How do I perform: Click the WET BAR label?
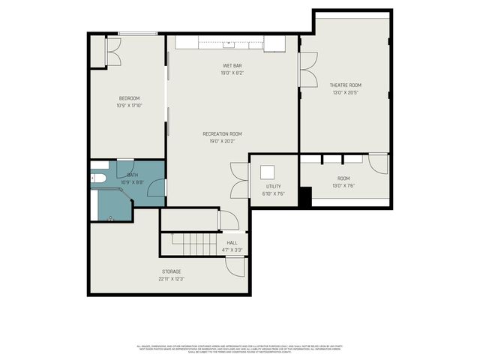click(231, 66)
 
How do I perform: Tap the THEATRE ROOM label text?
click(345, 85)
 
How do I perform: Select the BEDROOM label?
click(129, 98)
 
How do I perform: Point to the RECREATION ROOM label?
click(222, 133)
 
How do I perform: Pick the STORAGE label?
click(171, 271)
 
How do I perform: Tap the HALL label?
click(232, 242)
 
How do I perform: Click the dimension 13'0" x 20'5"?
click(345, 92)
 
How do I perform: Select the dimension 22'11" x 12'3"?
click(171, 278)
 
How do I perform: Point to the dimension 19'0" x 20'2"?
click(222, 141)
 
